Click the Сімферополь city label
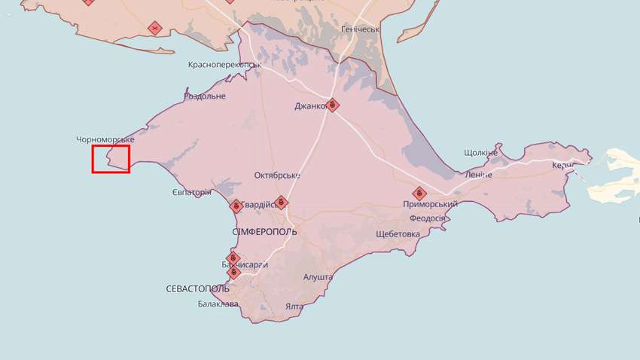coord(264,231)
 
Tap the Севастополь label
coord(198,288)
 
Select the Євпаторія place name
coord(191,193)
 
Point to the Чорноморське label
coord(105,140)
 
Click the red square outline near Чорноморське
coord(111,159)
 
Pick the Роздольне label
coord(205,96)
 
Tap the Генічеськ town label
coord(360,29)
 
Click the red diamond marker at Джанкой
coord(333,105)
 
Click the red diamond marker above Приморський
coord(419,193)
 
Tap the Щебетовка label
coord(398,233)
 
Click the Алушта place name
coord(318,277)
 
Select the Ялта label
coord(294,307)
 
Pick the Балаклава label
coord(218,304)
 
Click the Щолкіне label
coord(481,152)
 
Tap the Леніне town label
coord(478,175)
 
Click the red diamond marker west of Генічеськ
coord(154,29)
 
